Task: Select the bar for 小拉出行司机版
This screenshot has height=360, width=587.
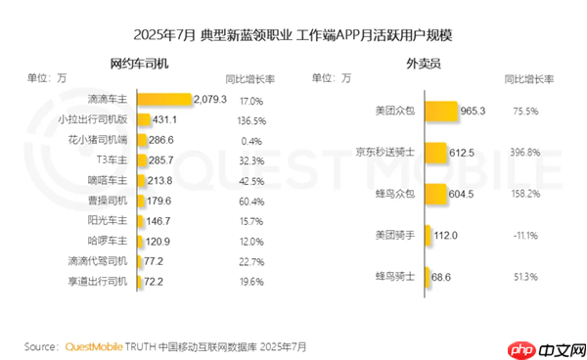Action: (142, 119)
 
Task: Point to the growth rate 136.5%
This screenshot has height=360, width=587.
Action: (251, 119)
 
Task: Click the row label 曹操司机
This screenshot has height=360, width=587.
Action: (108, 201)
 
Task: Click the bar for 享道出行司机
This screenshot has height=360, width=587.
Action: (138, 281)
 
